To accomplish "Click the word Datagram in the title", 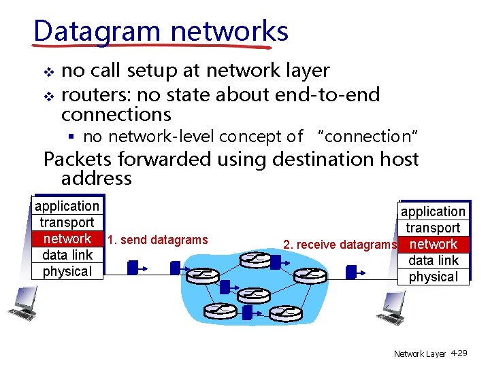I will [97, 31].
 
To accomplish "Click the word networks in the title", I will [229, 31].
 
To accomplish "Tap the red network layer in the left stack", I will [67, 239].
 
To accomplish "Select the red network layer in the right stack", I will [434, 244].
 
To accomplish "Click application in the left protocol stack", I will [67, 206].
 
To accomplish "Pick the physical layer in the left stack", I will [67, 271].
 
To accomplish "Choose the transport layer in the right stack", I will [433, 228].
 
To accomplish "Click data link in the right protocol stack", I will [433, 260].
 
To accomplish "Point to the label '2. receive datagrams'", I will [339, 245].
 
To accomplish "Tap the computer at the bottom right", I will [394, 308].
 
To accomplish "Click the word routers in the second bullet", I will [93, 94].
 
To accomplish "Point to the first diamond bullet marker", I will [47, 71].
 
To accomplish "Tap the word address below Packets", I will [96, 179].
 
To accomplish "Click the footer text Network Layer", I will [419, 354].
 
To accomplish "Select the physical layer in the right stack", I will [433, 277].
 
